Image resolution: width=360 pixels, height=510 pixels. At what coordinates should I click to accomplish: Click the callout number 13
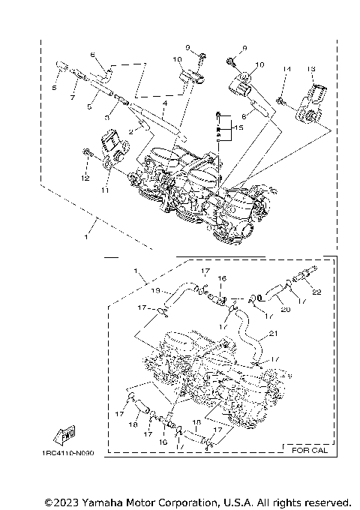[x=310, y=69]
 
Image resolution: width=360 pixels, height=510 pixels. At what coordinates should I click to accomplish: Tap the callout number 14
[x=285, y=69]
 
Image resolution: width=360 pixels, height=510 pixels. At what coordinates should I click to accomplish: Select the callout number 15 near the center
[x=239, y=129]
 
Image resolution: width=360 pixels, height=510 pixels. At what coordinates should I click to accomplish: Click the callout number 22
[x=319, y=292]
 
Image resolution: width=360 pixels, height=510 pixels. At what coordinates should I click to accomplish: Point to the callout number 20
[x=264, y=307]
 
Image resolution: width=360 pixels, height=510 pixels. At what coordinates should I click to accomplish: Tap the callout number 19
[x=155, y=289]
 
